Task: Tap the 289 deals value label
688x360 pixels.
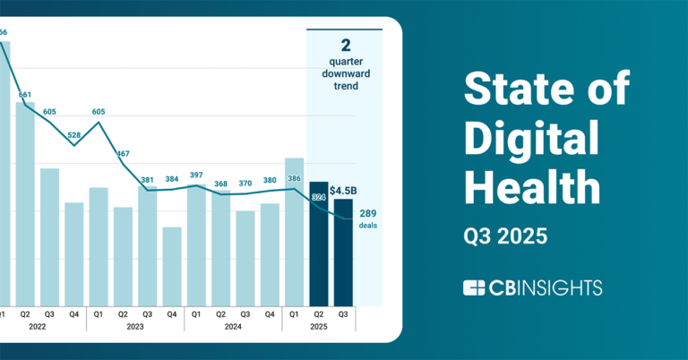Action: click(x=367, y=214)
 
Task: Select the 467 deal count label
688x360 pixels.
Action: click(x=124, y=154)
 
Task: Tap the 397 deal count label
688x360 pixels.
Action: click(x=196, y=175)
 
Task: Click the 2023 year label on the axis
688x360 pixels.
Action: click(x=135, y=327)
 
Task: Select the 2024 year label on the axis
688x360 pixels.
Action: click(x=233, y=327)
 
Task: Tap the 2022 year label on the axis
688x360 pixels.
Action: click(x=37, y=327)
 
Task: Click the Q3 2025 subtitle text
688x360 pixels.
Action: click(x=504, y=237)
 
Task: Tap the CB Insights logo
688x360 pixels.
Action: click(x=532, y=287)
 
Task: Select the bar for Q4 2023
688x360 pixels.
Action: click(x=172, y=265)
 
